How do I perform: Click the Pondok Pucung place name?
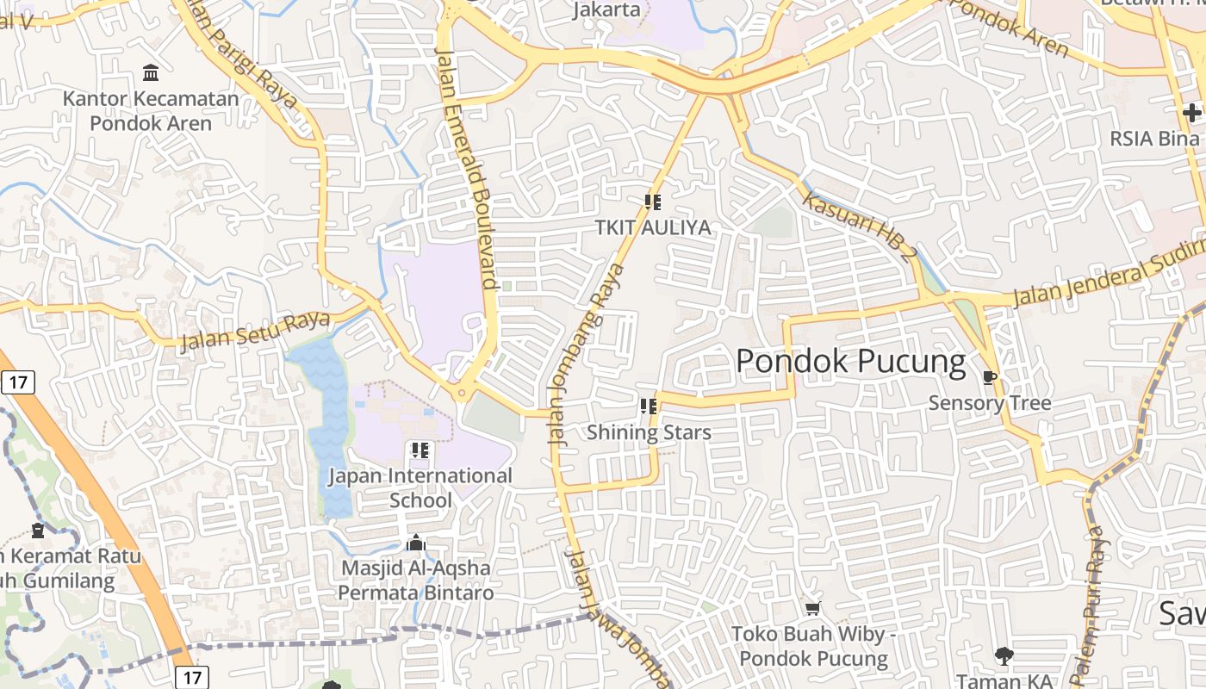850,362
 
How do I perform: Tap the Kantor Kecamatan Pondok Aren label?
151,111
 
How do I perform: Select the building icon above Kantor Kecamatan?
151,72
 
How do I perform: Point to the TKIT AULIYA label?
653,227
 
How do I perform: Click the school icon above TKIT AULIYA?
653,202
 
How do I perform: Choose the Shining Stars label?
649,432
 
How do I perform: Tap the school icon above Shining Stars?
649,407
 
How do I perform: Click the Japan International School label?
420,487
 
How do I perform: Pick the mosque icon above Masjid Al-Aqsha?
416,543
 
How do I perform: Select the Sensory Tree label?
990,403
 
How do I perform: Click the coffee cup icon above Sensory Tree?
990,377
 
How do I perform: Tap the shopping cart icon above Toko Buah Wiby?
812,609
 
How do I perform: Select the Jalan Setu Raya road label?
255,332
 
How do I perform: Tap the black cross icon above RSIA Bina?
1192,113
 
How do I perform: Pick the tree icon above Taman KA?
1004,656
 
